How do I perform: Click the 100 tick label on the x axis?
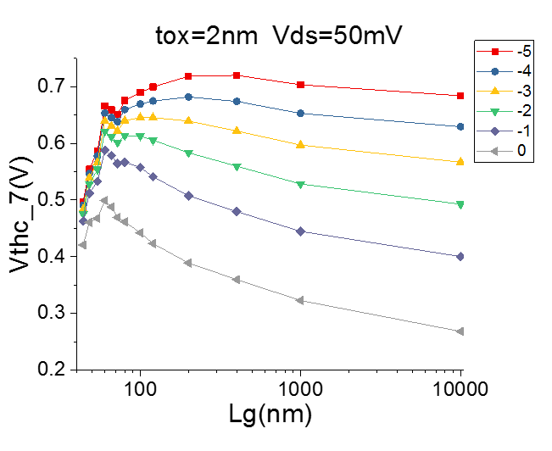tap(140, 392)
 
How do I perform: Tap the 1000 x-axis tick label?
tap(299, 392)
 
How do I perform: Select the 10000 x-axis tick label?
tap(459, 392)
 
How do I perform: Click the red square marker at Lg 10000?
tap(460, 96)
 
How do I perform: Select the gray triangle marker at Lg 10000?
tap(460, 331)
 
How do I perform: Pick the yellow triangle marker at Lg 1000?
tap(300, 145)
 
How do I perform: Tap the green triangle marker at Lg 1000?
tap(300, 184)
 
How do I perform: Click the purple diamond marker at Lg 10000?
tap(460, 256)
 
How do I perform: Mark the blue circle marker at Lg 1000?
tap(300, 113)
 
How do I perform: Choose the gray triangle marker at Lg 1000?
tap(300, 301)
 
